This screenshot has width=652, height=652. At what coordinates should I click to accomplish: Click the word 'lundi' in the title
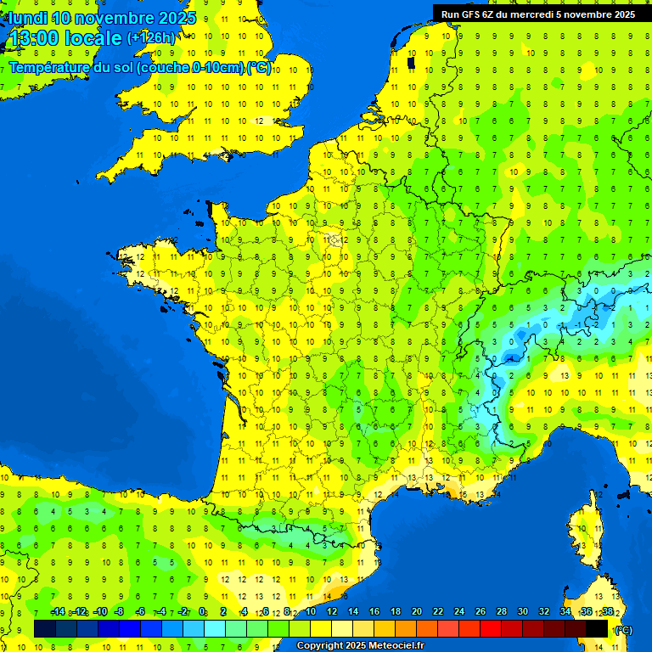[x=28, y=18]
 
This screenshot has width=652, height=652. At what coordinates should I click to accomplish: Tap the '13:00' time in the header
[x=33, y=38]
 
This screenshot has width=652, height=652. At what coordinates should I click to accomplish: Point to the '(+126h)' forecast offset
[x=151, y=38]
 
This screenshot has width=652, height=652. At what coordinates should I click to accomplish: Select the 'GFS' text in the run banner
[x=471, y=14]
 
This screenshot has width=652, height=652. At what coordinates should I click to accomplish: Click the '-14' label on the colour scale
[x=58, y=612]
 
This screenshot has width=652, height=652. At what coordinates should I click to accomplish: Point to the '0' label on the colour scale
[x=202, y=612]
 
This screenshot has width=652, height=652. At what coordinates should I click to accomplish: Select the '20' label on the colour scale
[x=416, y=612]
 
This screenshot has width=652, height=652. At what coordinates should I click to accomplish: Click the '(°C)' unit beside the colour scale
[x=624, y=630]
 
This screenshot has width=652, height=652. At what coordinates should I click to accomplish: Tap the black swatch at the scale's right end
[x=597, y=628]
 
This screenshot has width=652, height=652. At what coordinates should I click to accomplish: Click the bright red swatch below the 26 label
[x=491, y=628]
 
